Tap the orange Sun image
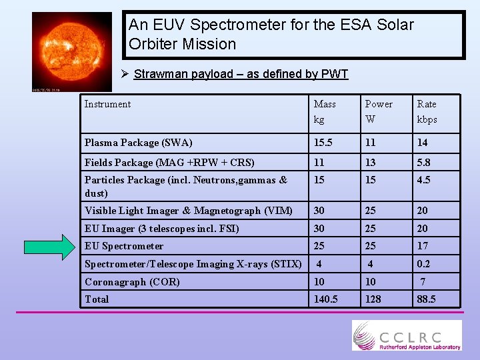[x=72, y=51]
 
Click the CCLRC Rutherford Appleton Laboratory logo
[x=406, y=335]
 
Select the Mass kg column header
[x=325, y=111]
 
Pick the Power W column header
[x=378, y=111]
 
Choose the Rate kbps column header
[x=427, y=111]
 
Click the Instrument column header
[x=107, y=104]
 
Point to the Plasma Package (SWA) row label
[x=138, y=143]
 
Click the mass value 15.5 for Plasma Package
[x=324, y=143]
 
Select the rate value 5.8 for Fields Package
[x=425, y=162]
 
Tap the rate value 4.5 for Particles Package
[x=424, y=180]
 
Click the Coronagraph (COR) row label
[x=132, y=282]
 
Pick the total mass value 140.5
[x=326, y=299]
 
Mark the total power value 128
[x=373, y=299]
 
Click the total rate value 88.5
[x=426, y=299]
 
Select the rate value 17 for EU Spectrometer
[x=423, y=246]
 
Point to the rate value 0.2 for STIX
[x=424, y=264]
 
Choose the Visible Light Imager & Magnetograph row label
[x=188, y=211]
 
